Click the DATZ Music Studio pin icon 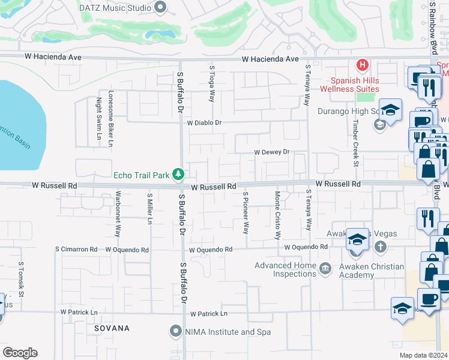tap(160, 7)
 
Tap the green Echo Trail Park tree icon tap(178, 175)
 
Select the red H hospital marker tap(362, 64)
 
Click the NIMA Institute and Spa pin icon tap(175, 331)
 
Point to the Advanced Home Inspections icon tap(325, 267)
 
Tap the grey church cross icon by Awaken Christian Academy tap(380, 247)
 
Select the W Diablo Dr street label tap(204, 122)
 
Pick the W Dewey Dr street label tap(272, 152)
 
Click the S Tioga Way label tap(211, 83)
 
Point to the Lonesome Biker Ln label tap(110, 118)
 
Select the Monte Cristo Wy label tap(277, 215)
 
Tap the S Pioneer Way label tap(246, 212)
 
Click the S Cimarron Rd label tap(76, 249)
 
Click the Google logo tap(20, 353)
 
